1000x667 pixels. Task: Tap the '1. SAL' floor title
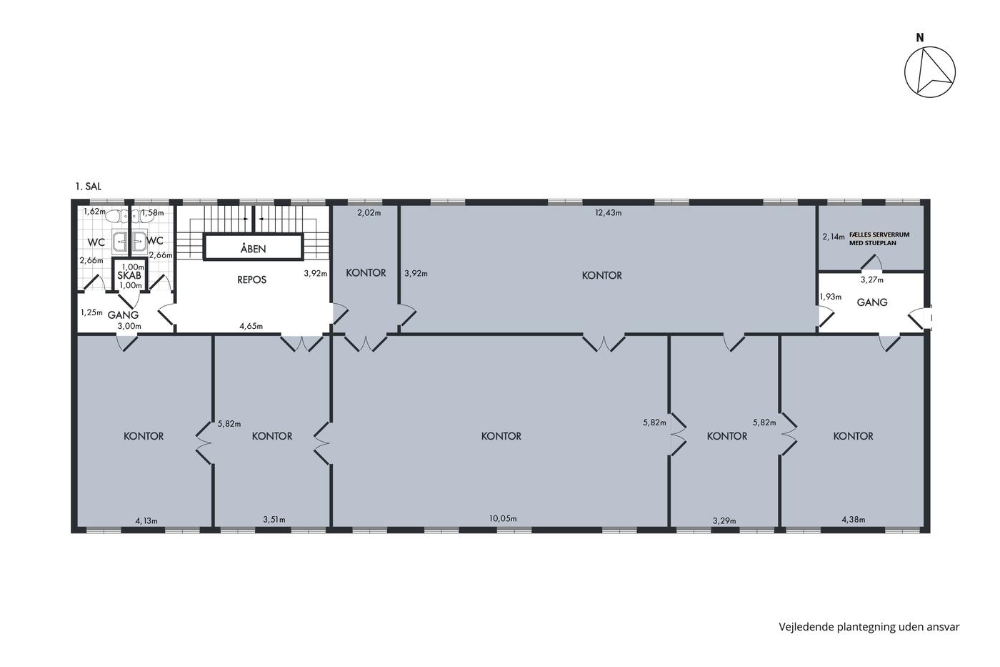pyautogui.click(x=89, y=187)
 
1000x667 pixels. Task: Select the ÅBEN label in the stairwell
pyautogui.click(x=253, y=249)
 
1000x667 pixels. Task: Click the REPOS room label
pyautogui.click(x=251, y=280)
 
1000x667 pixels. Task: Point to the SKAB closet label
pyautogui.click(x=129, y=276)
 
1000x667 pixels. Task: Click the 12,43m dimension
pyautogui.click(x=608, y=212)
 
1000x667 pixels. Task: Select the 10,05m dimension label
pyautogui.click(x=503, y=519)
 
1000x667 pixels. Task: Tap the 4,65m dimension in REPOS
pyautogui.click(x=251, y=326)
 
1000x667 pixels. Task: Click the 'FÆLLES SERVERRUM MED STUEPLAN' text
pyautogui.click(x=879, y=239)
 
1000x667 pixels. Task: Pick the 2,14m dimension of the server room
pyautogui.click(x=834, y=237)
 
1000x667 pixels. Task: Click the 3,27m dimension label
pyautogui.click(x=872, y=280)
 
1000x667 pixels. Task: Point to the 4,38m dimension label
pyautogui.click(x=853, y=520)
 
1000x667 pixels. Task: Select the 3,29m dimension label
pyautogui.click(x=724, y=520)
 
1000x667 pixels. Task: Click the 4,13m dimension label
pyautogui.click(x=146, y=520)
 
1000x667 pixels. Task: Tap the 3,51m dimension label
pyautogui.click(x=274, y=520)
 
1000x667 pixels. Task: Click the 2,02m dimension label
pyautogui.click(x=369, y=212)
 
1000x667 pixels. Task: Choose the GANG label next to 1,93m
pyautogui.click(x=872, y=302)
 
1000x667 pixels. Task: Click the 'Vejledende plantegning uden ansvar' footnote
pyautogui.click(x=869, y=627)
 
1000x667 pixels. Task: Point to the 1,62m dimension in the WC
pyautogui.click(x=94, y=212)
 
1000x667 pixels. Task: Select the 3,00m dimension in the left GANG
pyautogui.click(x=129, y=326)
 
